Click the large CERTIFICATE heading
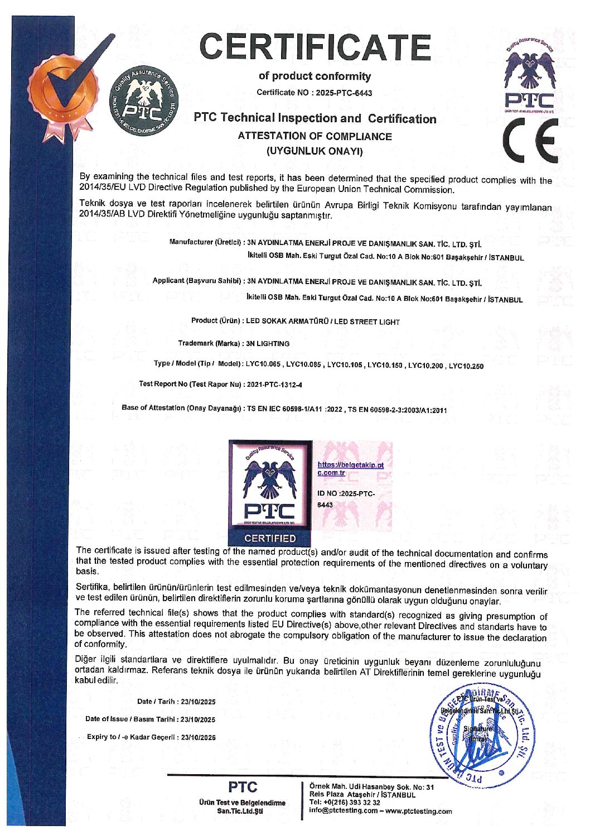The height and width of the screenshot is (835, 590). tap(315, 47)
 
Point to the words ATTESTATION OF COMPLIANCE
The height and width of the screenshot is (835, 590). tap(315, 136)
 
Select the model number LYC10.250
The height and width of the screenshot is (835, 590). tap(466, 366)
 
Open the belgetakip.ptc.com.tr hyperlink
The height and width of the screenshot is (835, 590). tap(350, 469)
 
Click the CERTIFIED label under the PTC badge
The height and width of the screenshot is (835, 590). tap(270, 539)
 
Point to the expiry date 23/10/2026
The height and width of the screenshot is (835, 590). tap(198, 737)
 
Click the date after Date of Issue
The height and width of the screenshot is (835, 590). tap(198, 719)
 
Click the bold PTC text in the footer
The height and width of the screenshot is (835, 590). tap(243, 787)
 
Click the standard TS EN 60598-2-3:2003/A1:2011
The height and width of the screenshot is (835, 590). tap(398, 410)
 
